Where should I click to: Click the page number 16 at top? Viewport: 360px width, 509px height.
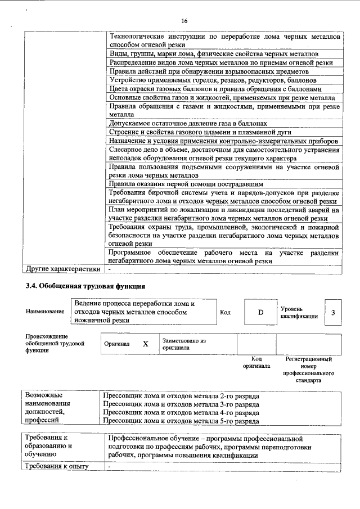pyautogui.click(x=184, y=21)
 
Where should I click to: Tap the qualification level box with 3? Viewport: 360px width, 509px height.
pyautogui.click(x=333, y=312)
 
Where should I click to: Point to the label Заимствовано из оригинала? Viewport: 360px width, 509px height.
pyautogui.click(x=184, y=344)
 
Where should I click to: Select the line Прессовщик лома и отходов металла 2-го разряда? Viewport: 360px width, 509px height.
pyautogui.click(x=182, y=396)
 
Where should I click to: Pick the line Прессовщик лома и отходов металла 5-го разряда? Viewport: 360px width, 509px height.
pyautogui.click(x=182, y=420)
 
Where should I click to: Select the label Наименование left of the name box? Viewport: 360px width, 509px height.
pyautogui.click(x=45, y=311)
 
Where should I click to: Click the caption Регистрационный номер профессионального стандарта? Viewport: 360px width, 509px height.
pyautogui.click(x=308, y=370)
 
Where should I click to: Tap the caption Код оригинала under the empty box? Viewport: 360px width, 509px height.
pyautogui.click(x=256, y=362)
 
